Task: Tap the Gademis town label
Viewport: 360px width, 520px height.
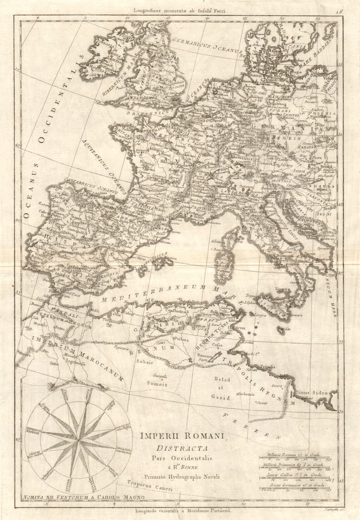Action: (x=245, y=394)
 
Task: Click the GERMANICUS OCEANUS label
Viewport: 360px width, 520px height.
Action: (x=206, y=46)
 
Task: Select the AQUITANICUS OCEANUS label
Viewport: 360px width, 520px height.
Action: (x=104, y=167)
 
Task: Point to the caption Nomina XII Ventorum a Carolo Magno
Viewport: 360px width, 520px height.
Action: (x=76, y=498)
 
